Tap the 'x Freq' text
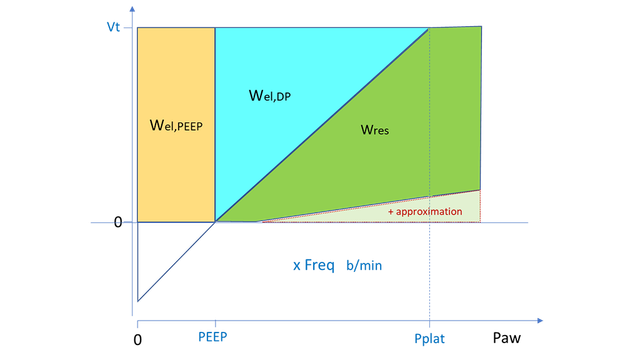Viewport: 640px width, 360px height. (x=312, y=265)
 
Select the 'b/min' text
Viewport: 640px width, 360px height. (x=362, y=265)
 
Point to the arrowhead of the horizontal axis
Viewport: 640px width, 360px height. (x=539, y=320)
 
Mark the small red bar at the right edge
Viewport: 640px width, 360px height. (x=481, y=205)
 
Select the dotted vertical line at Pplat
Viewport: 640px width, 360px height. (x=430, y=270)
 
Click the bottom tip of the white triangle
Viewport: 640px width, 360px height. (x=138, y=298)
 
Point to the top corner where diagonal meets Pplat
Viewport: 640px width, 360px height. (x=430, y=28)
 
